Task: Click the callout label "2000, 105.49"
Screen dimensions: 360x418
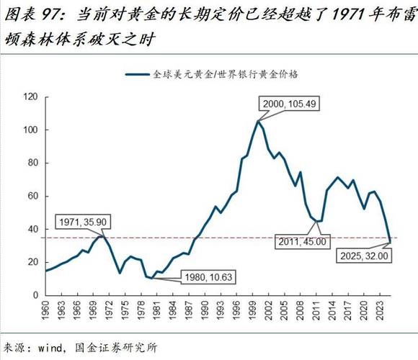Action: (288, 104)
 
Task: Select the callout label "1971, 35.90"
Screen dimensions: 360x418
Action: (84, 222)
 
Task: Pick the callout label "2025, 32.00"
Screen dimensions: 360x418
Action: (365, 255)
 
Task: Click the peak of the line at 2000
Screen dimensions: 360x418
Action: (258, 121)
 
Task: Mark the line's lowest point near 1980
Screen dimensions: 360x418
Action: (154, 278)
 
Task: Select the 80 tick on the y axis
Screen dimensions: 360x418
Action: (32, 163)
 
